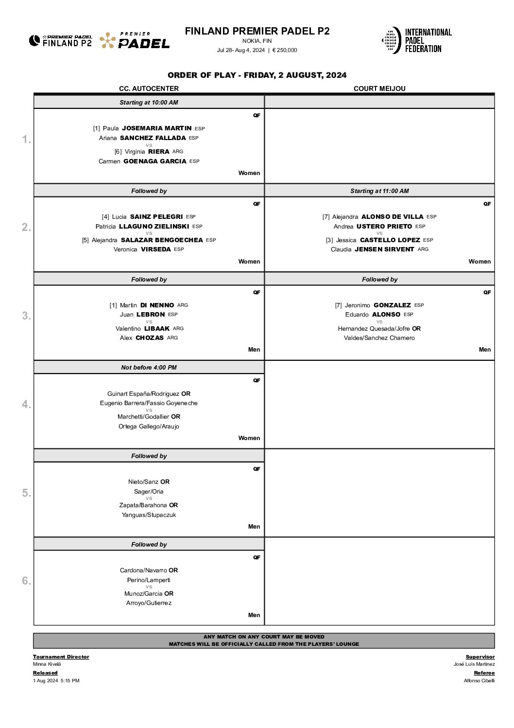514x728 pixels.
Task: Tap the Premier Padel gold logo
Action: tap(135, 40)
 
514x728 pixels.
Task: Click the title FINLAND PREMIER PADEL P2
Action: tap(257, 31)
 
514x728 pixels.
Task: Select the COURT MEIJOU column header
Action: tap(379, 89)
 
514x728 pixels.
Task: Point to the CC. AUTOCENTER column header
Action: tap(149, 89)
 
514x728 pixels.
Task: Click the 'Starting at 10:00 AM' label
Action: tap(149, 103)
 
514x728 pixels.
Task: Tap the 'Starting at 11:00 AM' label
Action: tap(379, 191)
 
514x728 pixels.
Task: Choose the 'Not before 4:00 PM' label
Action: tap(149, 368)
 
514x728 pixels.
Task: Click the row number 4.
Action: tap(26, 404)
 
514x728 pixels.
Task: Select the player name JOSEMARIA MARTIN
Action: tap(156, 128)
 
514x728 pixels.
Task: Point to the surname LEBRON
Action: tap(151, 315)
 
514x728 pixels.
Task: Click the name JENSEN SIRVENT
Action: tap(384, 249)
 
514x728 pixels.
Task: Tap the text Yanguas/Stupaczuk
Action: tap(149, 515)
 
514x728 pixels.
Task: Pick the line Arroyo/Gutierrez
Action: tap(149, 603)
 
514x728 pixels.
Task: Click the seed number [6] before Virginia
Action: tap(118, 152)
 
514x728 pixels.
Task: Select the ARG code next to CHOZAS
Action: tap(172, 338)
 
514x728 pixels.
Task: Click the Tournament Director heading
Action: tap(61, 657)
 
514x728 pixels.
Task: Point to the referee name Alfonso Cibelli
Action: tap(479, 681)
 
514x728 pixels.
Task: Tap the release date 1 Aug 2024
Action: tap(46, 681)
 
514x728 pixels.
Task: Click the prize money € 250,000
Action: tap(285, 50)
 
